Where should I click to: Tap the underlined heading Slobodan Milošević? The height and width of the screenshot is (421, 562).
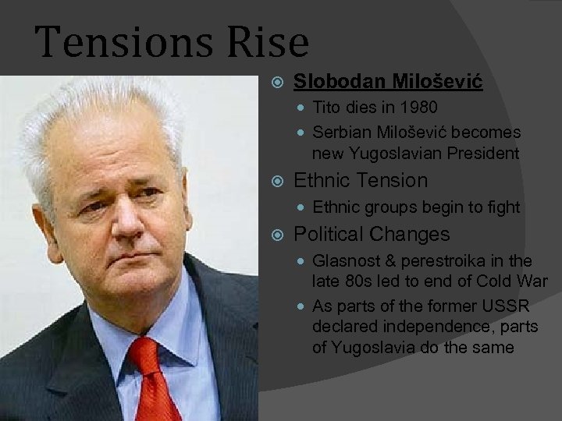pyautogui.click(x=388, y=81)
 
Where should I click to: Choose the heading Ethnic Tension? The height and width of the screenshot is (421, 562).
pyautogui.click(x=361, y=180)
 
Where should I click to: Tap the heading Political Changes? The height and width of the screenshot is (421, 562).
pyautogui.click(x=372, y=234)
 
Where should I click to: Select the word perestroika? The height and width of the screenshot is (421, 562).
pyautogui.click(x=450, y=261)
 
